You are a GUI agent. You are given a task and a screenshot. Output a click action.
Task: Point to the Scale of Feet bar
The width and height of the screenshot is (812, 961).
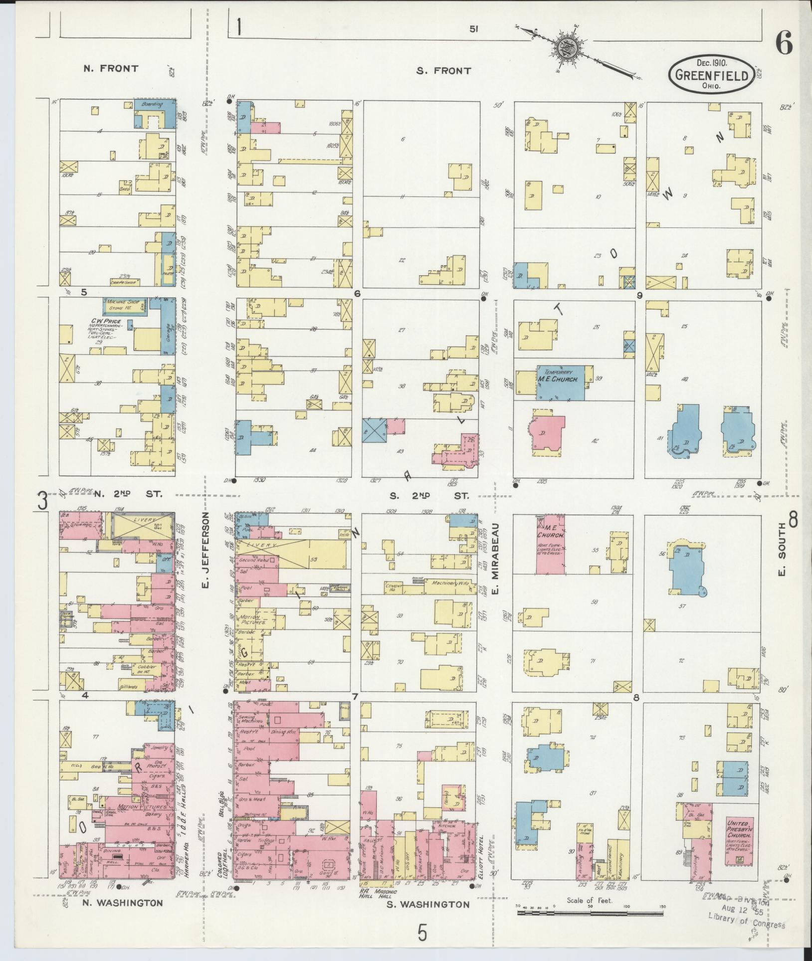tap(590, 912)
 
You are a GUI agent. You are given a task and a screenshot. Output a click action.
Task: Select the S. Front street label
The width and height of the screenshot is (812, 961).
tap(444, 71)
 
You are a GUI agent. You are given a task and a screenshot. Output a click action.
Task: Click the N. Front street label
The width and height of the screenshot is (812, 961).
tap(111, 68)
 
